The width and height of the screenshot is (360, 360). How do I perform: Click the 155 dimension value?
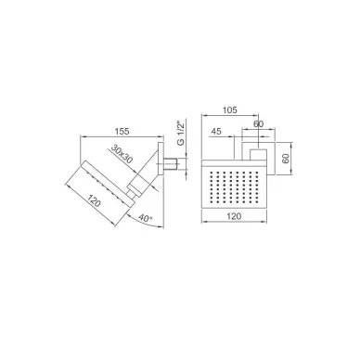122,131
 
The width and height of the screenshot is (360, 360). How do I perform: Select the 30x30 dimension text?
122,154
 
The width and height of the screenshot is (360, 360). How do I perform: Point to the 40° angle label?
146,218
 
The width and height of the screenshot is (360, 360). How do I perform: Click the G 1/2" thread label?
181,133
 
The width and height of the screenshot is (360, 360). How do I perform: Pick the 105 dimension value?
229,110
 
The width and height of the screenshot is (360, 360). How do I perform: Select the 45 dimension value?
216,132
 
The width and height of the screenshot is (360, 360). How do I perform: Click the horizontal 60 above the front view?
259,124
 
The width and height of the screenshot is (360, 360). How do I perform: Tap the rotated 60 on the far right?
286,159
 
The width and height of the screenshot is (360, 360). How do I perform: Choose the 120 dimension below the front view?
234,216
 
